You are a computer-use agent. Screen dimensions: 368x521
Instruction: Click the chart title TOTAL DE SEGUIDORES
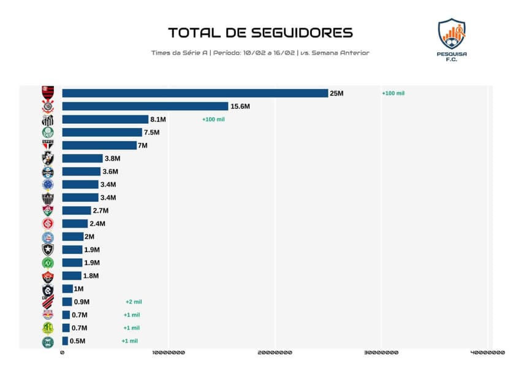click(260, 33)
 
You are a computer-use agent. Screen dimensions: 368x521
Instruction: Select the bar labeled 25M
click(195, 93)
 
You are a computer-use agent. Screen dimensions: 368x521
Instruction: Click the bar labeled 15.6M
click(145, 106)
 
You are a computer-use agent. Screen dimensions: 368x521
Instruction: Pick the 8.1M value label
click(158, 120)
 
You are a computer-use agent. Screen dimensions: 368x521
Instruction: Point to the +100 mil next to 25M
click(393, 93)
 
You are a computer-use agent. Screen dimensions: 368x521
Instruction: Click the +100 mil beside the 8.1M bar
click(213, 120)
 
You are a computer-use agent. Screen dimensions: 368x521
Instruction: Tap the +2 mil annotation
click(133, 302)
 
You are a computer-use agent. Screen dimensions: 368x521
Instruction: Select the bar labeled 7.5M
click(102, 132)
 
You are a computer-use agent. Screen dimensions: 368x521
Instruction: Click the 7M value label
click(142, 145)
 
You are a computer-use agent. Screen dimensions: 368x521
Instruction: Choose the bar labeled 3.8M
click(82, 158)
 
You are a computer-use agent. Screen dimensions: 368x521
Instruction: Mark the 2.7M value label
click(101, 210)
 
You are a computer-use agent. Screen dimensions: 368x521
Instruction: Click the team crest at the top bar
click(48, 93)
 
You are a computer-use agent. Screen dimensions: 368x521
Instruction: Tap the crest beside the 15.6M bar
click(48, 106)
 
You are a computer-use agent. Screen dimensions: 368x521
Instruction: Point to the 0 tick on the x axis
click(62, 353)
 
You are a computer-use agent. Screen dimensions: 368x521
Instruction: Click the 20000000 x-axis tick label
click(275, 353)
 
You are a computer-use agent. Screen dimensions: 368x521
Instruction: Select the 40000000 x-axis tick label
click(487, 353)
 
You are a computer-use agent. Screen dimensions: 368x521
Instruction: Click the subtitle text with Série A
click(260, 53)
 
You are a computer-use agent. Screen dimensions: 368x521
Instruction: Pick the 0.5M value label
click(77, 341)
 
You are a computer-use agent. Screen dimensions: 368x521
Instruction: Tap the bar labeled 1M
click(67, 289)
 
